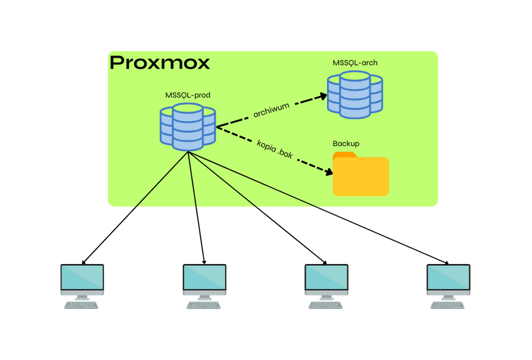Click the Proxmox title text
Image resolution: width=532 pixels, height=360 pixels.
pyautogui.click(x=160, y=63)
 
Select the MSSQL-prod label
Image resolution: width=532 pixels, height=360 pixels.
pyautogui.click(x=188, y=95)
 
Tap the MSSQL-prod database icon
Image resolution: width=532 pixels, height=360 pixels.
pyautogui.click(x=188, y=126)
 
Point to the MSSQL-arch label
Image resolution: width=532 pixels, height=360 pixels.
pyautogui.click(x=355, y=63)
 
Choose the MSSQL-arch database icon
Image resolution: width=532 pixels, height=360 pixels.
pyautogui.click(x=355, y=93)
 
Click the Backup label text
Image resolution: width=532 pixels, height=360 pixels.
pyautogui.click(x=346, y=144)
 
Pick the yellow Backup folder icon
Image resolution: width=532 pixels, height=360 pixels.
pyautogui.click(x=360, y=176)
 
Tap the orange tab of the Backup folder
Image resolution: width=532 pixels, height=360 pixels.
pyautogui.click(x=344, y=155)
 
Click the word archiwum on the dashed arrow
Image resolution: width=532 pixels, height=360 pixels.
pyautogui.click(x=271, y=110)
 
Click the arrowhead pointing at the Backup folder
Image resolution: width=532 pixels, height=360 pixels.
pyautogui.click(x=328, y=172)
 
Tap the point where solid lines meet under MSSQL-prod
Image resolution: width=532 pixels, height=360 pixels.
pyautogui.click(x=189, y=152)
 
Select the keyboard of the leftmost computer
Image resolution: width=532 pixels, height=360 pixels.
pyautogui.click(x=82, y=305)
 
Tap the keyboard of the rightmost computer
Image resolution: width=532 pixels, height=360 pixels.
pyautogui.click(x=449, y=305)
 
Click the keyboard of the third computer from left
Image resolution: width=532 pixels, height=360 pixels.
pyautogui.click(x=326, y=305)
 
